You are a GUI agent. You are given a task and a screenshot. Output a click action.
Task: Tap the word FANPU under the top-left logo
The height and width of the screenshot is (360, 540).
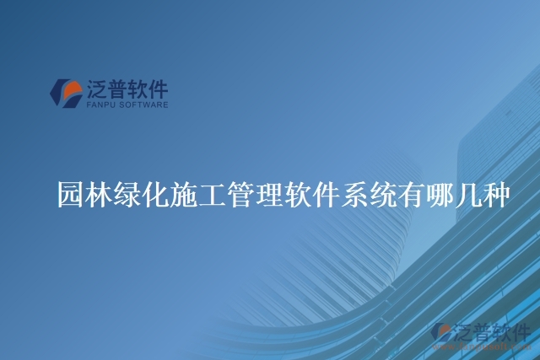coord(100,105)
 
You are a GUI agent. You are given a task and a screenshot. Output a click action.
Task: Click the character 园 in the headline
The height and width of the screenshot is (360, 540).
coord(70,195)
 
